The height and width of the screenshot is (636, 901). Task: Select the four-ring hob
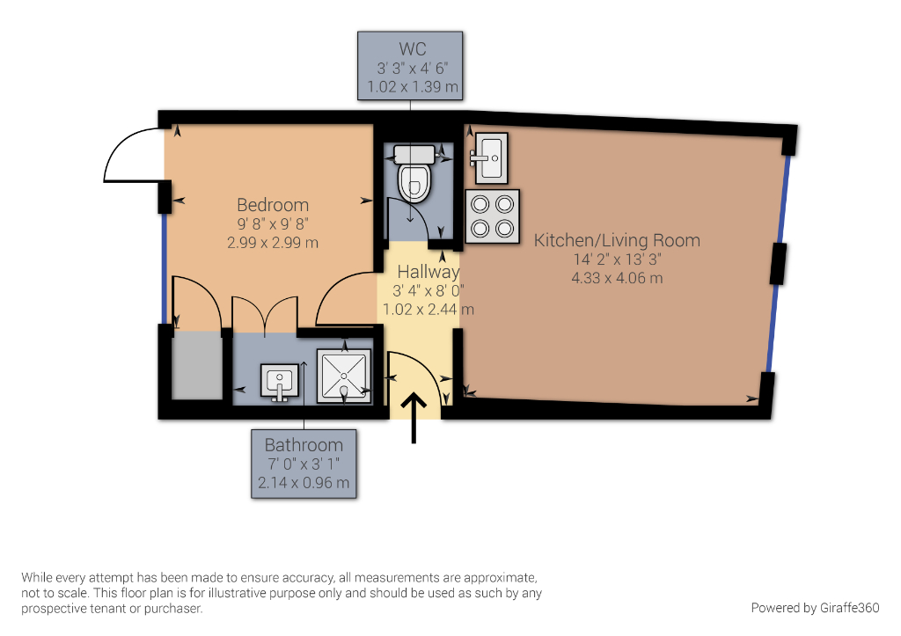point(493,216)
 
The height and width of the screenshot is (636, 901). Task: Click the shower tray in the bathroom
point(344,376)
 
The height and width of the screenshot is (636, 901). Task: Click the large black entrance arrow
point(414,418)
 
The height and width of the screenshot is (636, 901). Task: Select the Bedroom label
point(273,205)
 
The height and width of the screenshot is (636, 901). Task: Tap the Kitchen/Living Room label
point(617,240)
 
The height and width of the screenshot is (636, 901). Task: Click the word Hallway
point(429,272)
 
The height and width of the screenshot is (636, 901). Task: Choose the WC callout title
point(412,49)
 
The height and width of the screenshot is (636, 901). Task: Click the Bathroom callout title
point(304,445)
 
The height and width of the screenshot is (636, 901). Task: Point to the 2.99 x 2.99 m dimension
point(273,243)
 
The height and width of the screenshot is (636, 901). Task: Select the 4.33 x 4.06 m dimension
point(617,278)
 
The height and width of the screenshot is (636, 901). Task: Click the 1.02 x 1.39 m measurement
point(413,87)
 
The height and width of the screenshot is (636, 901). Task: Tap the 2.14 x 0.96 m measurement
point(304,483)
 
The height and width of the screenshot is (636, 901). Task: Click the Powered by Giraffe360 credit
point(815,608)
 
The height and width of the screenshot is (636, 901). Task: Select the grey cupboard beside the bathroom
point(197,364)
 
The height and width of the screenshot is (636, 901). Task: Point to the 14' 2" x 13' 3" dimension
point(617,260)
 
